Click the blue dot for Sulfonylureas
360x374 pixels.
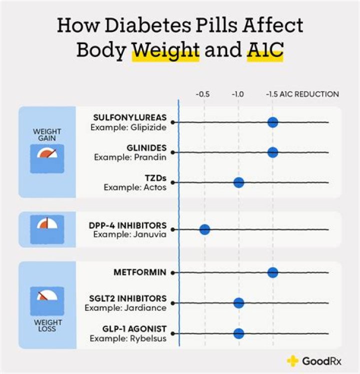pos(272,122)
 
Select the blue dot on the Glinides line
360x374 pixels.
pos(272,152)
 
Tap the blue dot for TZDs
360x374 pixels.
pos(238,182)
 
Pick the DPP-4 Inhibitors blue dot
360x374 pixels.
pos(204,230)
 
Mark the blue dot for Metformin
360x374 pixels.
pos(272,272)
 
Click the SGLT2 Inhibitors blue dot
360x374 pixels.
pos(238,303)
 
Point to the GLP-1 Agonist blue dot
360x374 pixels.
pos(238,333)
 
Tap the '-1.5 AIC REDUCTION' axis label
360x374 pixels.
pos(302,94)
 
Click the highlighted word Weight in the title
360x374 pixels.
pos(165,51)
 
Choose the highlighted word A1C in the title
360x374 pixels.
pos(265,51)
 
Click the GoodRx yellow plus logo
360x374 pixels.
pos(292,361)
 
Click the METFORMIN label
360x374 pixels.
pos(140,273)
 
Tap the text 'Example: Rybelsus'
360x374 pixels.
pos(128,338)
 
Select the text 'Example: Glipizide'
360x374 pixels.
pos(128,127)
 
